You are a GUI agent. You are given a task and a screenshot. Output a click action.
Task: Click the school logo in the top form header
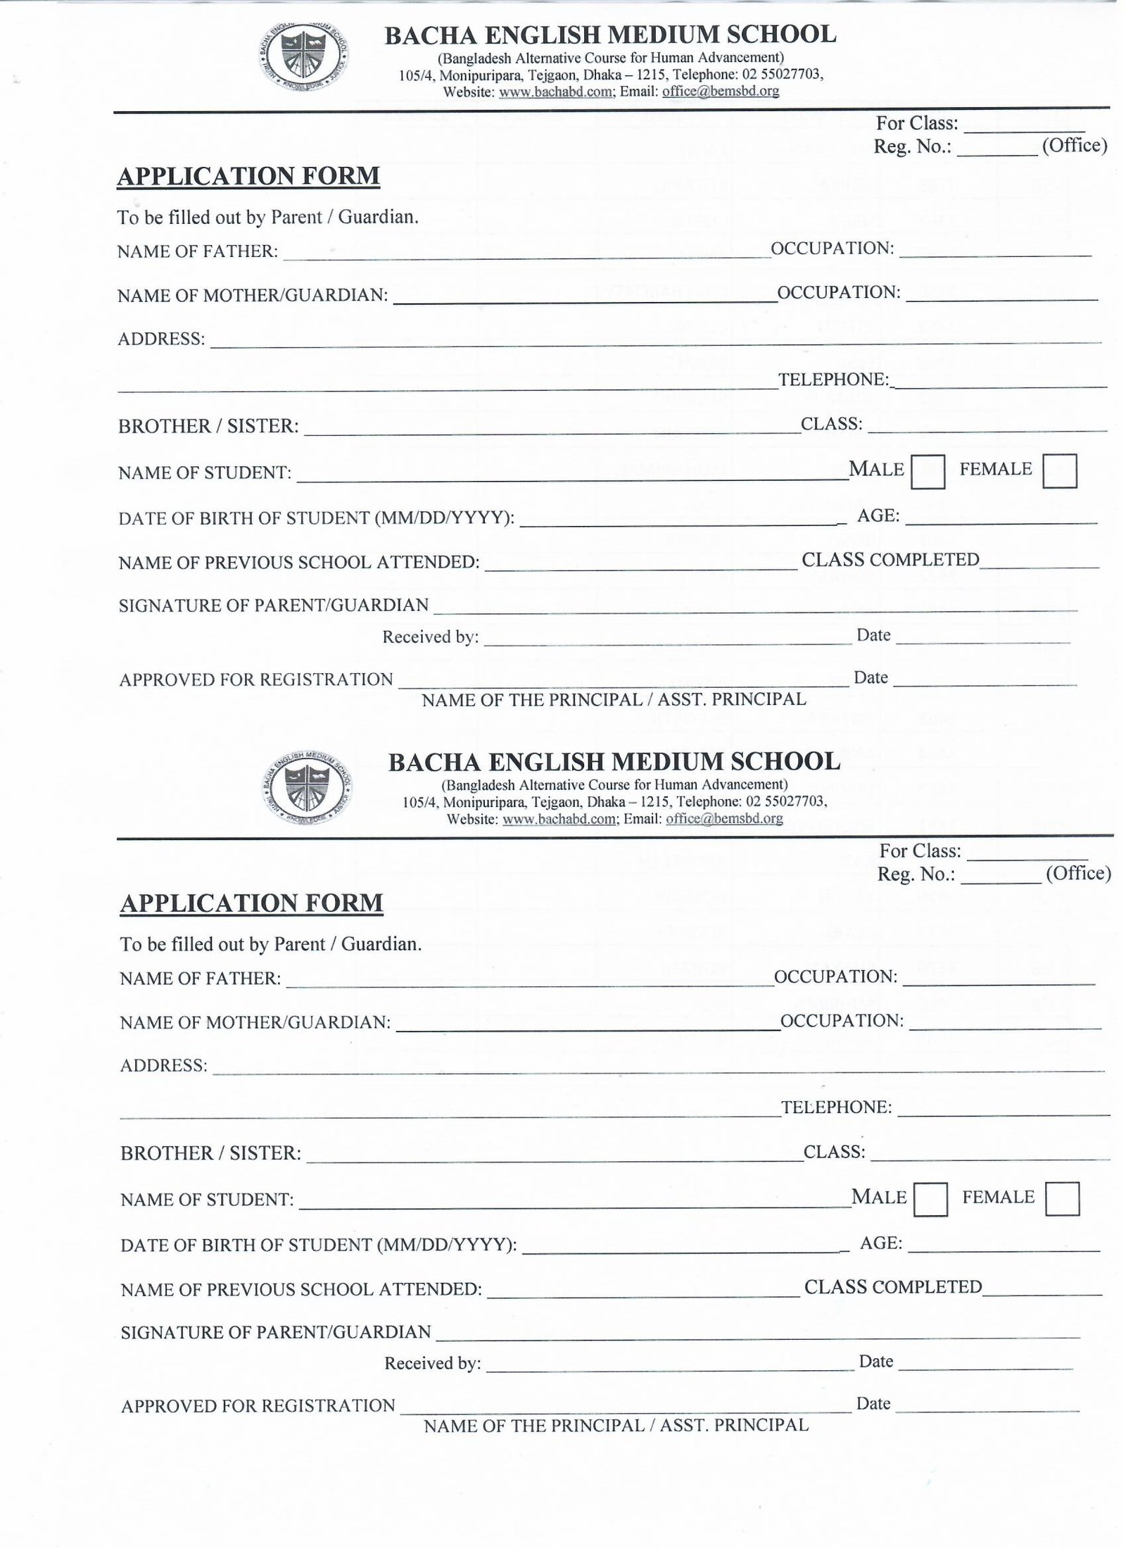pos(303,58)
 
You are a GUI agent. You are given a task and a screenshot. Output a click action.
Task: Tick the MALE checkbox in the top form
pos(928,472)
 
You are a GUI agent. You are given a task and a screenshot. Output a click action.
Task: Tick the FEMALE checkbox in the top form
pos(1059,471)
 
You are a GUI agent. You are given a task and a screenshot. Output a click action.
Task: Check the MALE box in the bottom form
pos(930,1199)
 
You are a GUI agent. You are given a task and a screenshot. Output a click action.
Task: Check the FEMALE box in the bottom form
pos(1062,1198)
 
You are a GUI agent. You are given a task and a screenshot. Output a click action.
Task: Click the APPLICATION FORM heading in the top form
pos(248,176)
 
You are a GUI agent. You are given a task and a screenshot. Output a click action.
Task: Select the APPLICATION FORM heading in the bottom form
pos(251,903)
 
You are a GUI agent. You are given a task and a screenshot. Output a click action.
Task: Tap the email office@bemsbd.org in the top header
pos(720,92)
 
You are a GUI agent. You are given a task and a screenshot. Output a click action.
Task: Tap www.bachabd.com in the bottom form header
pos(559,819)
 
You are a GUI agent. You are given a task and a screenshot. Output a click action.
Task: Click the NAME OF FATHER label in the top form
pos(198,252)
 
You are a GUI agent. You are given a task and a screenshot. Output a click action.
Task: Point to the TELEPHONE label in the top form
pos(833,380)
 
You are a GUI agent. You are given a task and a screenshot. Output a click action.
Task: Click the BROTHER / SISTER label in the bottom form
pos(210,1153)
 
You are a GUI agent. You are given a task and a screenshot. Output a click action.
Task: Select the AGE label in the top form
pos(878,516)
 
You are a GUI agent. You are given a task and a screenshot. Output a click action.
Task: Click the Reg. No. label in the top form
pos(913,146)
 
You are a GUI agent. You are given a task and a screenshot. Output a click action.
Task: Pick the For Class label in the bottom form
pos(920,851)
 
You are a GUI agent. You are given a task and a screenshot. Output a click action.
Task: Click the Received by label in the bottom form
pos(432,1364)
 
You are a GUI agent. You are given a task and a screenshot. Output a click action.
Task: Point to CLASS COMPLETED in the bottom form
pos(893,1287)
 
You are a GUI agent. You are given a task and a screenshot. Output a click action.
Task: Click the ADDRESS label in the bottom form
pos(164,1065)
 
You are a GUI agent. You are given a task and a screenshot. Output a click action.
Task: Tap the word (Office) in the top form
pos(1075,146)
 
